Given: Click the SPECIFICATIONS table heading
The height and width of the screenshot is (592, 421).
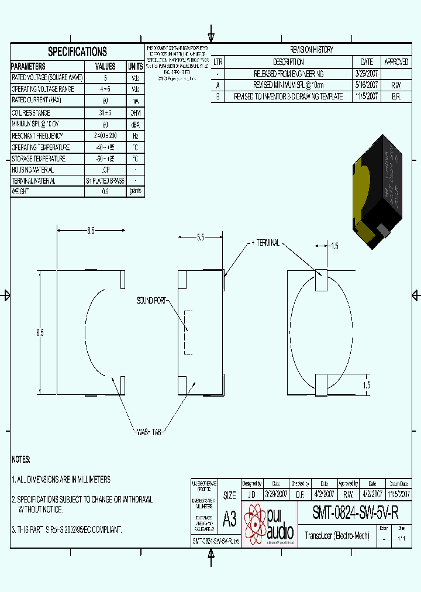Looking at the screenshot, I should tap(77, 51).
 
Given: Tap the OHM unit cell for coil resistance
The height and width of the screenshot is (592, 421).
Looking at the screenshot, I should tap(135, 113).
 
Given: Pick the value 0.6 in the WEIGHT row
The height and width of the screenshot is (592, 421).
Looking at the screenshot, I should tap(105, 191).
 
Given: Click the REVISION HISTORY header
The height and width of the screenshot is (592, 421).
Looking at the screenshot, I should tap(312, 50).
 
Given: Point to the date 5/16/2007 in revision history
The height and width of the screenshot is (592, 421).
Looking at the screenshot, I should tap(367, 85).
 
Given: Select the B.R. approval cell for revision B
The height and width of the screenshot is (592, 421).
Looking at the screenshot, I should tap(396, 97).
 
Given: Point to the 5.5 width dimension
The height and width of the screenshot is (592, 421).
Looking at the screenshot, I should tap(200, 238).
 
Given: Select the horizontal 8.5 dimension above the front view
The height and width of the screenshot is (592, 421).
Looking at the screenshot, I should tap(91, 231).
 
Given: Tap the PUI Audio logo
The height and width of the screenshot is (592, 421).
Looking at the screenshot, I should tap(268, 522).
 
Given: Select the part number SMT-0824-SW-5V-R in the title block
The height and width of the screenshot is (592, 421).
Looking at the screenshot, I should tap(356, 513).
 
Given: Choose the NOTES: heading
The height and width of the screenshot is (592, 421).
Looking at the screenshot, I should tap(21, 459).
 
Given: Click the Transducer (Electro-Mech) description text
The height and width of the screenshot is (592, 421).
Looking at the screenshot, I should tap(337, 535).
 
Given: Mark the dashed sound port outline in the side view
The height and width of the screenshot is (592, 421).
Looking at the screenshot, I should tap(188, 332).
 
